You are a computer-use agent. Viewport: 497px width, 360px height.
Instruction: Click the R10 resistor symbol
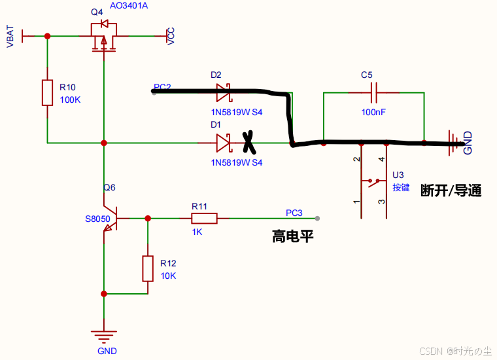coord(47,92)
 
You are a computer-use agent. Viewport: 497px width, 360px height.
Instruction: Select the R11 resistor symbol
coord(204,219)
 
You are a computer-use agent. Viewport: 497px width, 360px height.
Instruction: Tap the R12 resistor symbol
coord(148,268)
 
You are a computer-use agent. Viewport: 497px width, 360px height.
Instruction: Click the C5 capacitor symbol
coord(374,92)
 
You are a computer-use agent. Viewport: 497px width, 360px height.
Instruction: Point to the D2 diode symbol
coord(224,92)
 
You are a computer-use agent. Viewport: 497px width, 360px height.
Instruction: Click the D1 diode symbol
coord(224,143)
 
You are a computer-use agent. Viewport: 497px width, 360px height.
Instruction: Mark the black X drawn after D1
coord(248,142)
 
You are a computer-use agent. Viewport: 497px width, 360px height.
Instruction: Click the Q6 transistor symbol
coord(111,219)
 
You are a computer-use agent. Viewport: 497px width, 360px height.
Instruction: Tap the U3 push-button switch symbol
coord(374,181)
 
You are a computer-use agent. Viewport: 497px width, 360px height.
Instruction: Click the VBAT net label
coord(10,37)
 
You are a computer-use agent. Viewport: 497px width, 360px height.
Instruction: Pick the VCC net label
coord(171,36)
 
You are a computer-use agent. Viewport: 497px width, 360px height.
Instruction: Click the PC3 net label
coord(294,213)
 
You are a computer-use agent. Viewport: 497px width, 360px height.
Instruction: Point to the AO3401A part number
coord(129,6)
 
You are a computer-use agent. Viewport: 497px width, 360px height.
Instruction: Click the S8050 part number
coord(97,219)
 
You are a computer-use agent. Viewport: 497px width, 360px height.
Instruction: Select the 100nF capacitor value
coord(373,112)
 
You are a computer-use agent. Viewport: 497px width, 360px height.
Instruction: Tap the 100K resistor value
coord(71,100)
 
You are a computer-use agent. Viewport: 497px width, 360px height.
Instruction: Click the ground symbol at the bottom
coord(103,336)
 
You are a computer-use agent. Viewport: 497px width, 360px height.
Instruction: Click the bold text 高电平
coord(293,236)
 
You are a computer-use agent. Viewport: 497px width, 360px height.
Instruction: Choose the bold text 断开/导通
coord(451,190)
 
